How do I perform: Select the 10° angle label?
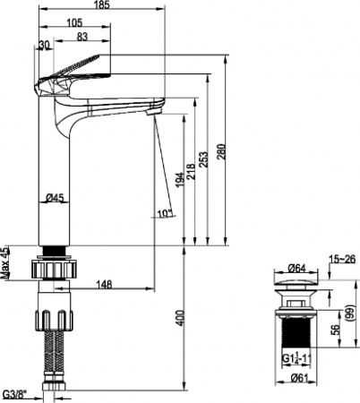point(163,213)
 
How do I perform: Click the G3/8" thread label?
point(14,393)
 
